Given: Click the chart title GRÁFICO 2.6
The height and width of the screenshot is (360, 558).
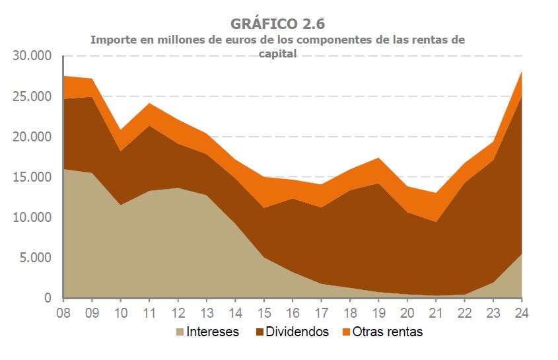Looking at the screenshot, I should [277, 24].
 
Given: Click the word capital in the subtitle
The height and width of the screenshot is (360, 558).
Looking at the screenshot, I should [278, 54].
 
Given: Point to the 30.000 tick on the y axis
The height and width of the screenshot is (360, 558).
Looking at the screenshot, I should [32, 56].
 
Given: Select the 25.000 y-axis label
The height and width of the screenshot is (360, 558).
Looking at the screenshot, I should [32, 96].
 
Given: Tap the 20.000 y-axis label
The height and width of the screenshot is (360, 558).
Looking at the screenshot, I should [32, 137].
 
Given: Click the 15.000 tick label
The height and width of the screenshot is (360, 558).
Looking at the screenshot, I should [32, 177].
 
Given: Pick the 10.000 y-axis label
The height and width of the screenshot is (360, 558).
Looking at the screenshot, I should [32, 217].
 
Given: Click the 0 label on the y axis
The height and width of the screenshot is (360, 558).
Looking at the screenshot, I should [48, 299].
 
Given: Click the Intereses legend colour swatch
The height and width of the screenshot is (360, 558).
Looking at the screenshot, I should [181, 332].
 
